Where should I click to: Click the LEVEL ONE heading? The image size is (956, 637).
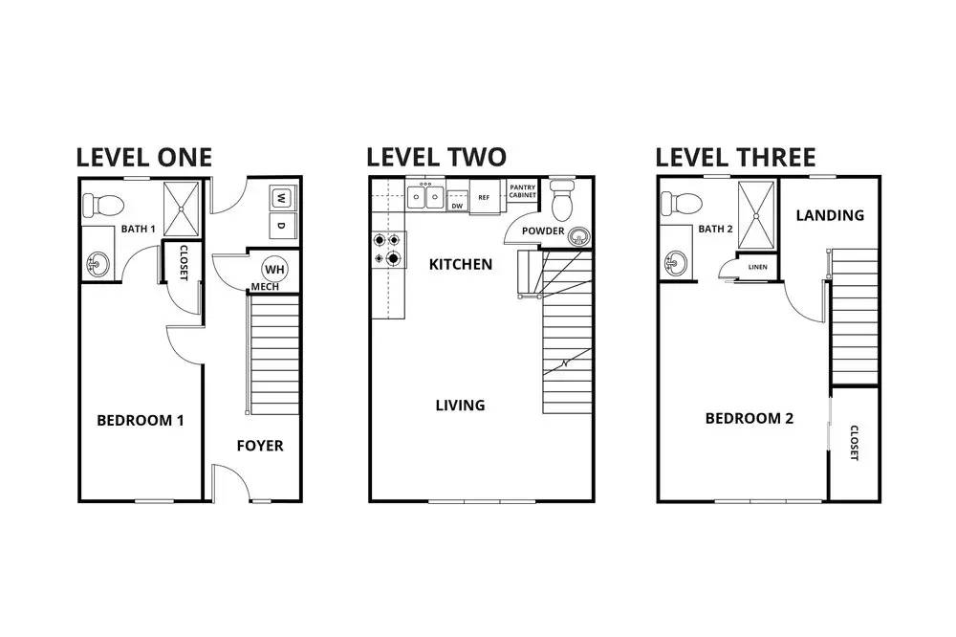[144, 158]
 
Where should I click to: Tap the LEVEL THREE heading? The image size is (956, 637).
[735, 158]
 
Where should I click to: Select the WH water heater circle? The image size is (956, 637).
[274, 269]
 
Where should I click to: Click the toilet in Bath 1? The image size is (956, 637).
[103, 205]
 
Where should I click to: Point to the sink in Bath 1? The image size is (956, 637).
[98, 265]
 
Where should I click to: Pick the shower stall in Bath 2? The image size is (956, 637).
[756, 215]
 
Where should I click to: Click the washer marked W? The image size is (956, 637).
[281, 198]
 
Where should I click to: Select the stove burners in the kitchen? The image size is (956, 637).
[389, 249]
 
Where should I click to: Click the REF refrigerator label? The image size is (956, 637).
[484, 198]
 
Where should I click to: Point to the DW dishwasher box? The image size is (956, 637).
[457, 202]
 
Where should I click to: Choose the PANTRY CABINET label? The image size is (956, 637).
[523, 191]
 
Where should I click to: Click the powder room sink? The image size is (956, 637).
[578, 235]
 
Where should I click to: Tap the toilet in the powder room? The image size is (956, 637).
[562, 200]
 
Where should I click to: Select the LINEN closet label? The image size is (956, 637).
[758, 267]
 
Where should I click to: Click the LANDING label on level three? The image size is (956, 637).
[830, 215]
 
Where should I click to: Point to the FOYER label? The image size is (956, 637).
[260, 446]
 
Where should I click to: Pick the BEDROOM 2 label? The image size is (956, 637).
[750, 418]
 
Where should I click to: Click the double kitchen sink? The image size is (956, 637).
[425, 196]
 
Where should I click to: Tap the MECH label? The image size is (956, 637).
[265, 287]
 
